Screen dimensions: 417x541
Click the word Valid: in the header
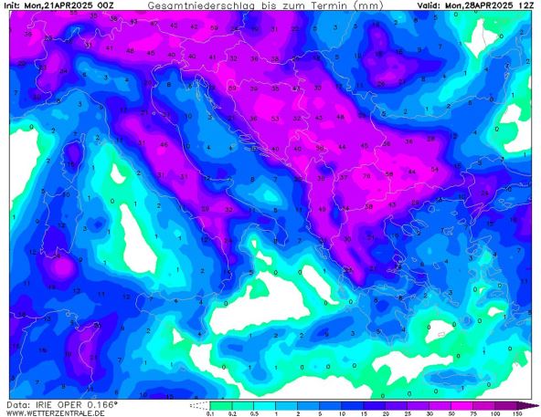[x=432, y=5]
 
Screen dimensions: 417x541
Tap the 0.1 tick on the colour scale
[x=212, y=412]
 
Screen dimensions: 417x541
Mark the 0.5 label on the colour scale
[x=256, y=412]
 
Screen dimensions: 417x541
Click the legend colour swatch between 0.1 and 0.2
[x=223, y=404]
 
